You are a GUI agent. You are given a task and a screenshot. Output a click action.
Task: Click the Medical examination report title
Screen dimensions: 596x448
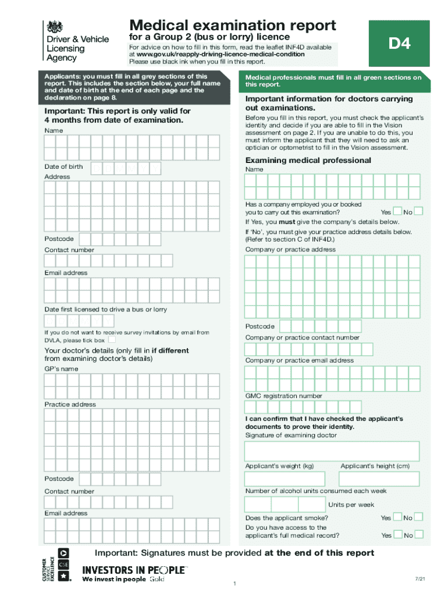click(233, 25)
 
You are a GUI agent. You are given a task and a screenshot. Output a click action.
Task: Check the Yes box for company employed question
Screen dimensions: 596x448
click(398, 211)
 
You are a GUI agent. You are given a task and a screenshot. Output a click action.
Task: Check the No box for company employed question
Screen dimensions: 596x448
click(418, 211)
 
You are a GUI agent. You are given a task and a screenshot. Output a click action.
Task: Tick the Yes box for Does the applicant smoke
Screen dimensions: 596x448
click(398, 517)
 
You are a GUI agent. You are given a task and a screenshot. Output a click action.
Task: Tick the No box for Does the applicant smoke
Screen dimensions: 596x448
click(418, 517)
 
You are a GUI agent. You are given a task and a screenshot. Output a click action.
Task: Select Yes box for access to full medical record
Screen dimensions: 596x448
click(398, 534)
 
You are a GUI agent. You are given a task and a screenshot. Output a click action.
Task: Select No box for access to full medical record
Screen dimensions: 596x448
click(418, 534)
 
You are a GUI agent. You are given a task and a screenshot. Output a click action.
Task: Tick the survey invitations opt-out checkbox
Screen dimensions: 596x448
click(112, 340)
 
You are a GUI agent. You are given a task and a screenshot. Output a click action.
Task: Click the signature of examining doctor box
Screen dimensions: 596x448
click(332, 451)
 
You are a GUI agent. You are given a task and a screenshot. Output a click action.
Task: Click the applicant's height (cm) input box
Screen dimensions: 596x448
click(380, 478)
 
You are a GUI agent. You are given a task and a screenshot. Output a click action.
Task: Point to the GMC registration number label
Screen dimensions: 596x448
click(283, 396)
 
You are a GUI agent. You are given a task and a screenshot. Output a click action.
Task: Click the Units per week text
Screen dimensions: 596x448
click(351, 505)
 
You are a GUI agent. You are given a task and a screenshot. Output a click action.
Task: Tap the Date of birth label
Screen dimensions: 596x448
click(64, 167)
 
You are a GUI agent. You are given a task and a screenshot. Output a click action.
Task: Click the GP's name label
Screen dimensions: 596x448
click(61, 369)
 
